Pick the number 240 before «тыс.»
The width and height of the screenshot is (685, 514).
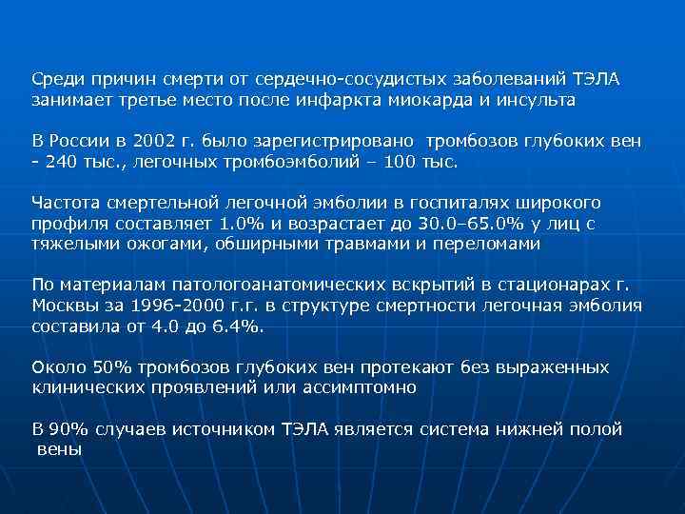tap(59, 163)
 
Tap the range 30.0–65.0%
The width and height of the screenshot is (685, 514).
tap(452, 224)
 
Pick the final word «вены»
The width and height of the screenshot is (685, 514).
tap(60, 449)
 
